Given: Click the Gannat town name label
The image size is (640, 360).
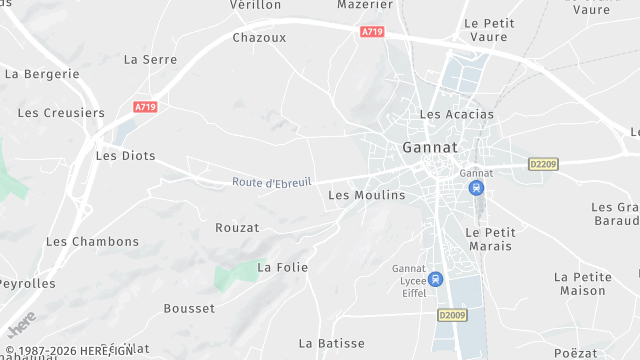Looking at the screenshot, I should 429,147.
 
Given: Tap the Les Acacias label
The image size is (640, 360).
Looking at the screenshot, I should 456,114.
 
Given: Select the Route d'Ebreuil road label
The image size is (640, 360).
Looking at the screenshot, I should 272,182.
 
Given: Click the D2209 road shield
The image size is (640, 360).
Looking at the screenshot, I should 542,163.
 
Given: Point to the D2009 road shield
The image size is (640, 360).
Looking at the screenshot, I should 452,314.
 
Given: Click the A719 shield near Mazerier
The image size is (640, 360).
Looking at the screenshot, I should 372,32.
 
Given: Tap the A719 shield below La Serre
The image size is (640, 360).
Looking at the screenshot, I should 146,105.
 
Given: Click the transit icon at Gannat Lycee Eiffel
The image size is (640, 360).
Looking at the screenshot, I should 434,278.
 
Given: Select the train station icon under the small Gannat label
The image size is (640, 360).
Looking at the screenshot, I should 476,187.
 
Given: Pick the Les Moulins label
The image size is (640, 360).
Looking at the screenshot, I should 366,195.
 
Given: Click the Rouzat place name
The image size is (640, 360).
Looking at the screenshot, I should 237,228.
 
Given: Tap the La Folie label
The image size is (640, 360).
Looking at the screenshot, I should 282,267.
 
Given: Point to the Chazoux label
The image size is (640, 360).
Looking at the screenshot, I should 259,38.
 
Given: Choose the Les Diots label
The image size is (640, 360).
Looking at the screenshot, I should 118,155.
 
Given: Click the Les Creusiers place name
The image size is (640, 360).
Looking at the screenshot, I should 61,113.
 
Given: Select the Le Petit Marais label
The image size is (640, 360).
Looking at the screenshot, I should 488,239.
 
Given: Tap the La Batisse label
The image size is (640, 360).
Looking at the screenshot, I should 331,343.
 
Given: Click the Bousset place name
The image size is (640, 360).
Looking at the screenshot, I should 189,308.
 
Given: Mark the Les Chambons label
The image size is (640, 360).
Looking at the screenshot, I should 92,241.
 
